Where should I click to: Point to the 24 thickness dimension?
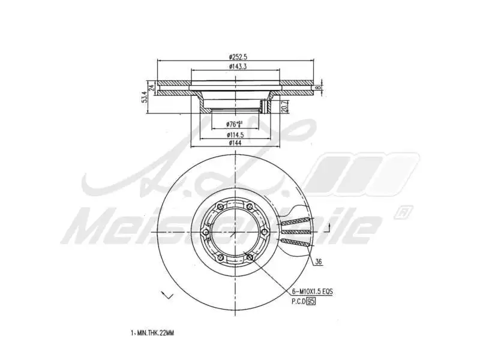[152, 88]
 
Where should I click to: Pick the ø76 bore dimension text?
[234, 124]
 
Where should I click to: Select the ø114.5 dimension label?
[234, 134]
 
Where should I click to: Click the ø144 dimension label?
[235, 143]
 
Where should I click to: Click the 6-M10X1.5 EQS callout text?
[312, 291]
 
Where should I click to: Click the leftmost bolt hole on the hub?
[205, 233]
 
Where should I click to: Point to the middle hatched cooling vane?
[297, 231]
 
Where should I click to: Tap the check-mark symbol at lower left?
[167, 295]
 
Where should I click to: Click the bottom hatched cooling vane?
[297, 243]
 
